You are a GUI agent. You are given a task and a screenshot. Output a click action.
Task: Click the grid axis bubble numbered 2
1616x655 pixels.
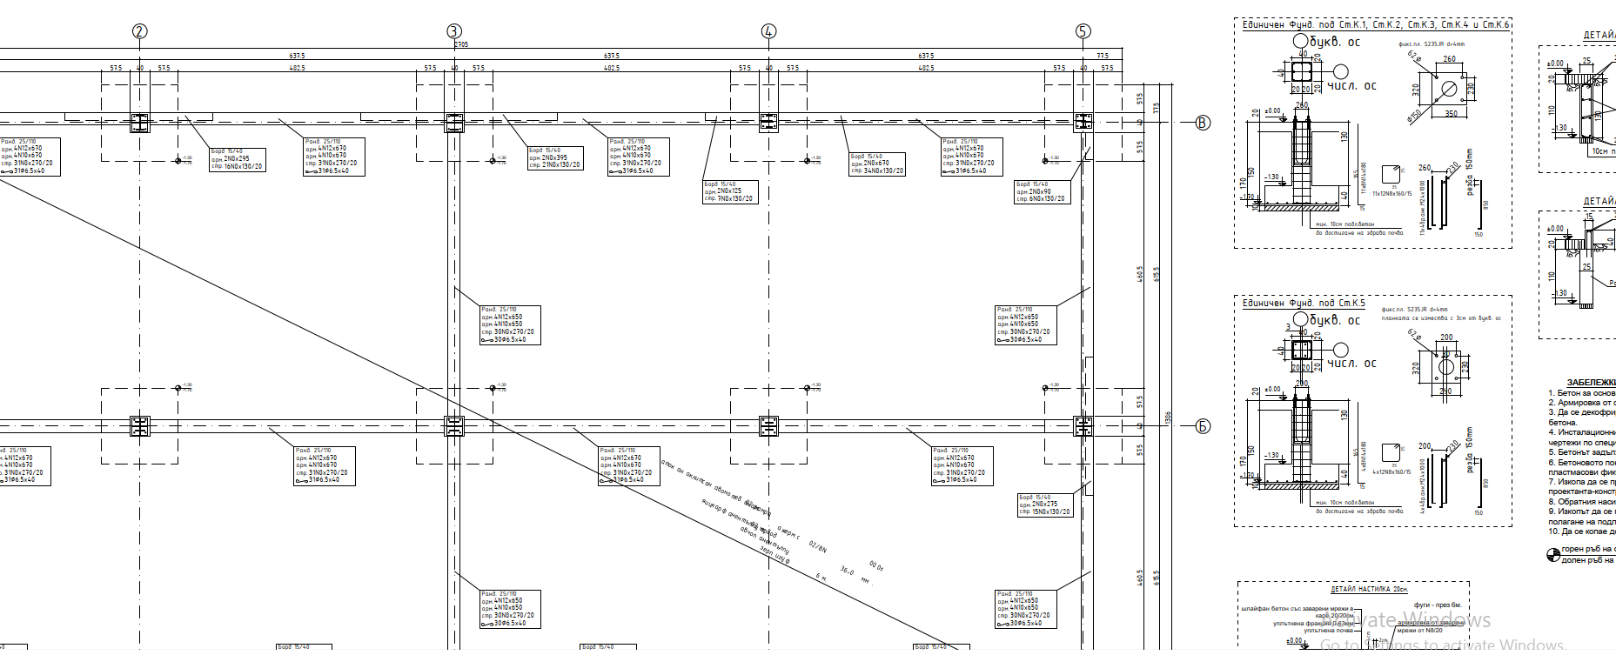coord(140,31)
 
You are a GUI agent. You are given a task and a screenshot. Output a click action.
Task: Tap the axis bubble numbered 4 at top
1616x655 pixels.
coord(768,31)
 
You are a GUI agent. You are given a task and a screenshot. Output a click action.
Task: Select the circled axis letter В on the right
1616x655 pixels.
coord(1203,123)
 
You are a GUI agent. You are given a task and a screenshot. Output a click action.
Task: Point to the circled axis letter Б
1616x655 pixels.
coord(1203,426)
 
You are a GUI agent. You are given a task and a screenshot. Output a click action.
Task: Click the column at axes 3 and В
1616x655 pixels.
coord(454,123)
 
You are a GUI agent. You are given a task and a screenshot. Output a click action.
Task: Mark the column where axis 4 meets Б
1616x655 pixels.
coord(768,426)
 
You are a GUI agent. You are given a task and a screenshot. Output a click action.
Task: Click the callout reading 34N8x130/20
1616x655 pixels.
coord(877,164)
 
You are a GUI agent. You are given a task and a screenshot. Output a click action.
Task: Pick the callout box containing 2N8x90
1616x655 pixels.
coord(1041,191)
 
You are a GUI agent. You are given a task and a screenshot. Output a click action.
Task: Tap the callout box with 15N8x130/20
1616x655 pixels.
coord(1044,505)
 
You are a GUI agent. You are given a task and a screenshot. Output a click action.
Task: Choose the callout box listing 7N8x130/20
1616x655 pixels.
coord(730,191)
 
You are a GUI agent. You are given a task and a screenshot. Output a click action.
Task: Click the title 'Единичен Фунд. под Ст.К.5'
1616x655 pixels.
coord(1304,303)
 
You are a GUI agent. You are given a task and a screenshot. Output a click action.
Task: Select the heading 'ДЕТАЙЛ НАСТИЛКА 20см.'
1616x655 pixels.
coord(1369,589)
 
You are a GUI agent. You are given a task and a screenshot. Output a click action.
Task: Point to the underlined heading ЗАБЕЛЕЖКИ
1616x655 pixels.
coord(1591,382)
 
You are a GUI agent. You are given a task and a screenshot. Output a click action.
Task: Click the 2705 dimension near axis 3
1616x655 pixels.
coord(461,44)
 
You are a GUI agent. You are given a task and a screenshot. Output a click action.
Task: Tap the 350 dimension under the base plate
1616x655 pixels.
coord(1451,114)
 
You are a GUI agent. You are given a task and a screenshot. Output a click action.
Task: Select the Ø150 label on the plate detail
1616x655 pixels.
coord(1415,115)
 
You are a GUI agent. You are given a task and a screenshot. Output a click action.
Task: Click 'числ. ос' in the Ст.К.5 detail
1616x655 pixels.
coord(1351,363)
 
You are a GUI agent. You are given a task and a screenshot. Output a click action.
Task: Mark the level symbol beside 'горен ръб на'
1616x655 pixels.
coord(1552,554)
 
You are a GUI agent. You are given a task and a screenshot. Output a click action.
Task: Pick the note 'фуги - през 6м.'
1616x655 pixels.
coord(1437,605)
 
